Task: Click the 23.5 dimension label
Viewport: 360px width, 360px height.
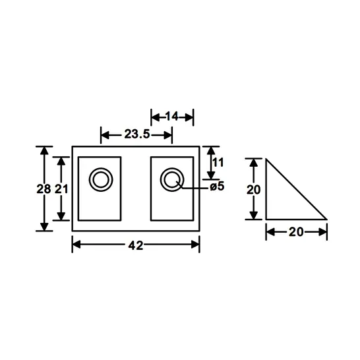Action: [136, 135]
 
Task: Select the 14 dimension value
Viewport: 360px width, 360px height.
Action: [172, 117]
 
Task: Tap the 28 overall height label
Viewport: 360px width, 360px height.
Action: [44, 189]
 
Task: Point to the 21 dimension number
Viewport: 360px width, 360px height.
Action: [61, 189]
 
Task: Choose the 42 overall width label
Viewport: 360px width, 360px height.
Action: [136, 245]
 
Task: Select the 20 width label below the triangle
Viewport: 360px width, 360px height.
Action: [296, 231]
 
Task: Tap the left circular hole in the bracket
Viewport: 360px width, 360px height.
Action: [102, 179]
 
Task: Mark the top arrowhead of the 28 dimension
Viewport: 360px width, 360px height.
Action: [44, 151]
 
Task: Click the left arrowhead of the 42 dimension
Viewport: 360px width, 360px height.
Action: [76, 245]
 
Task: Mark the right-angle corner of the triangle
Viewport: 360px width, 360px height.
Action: [266, 219]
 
